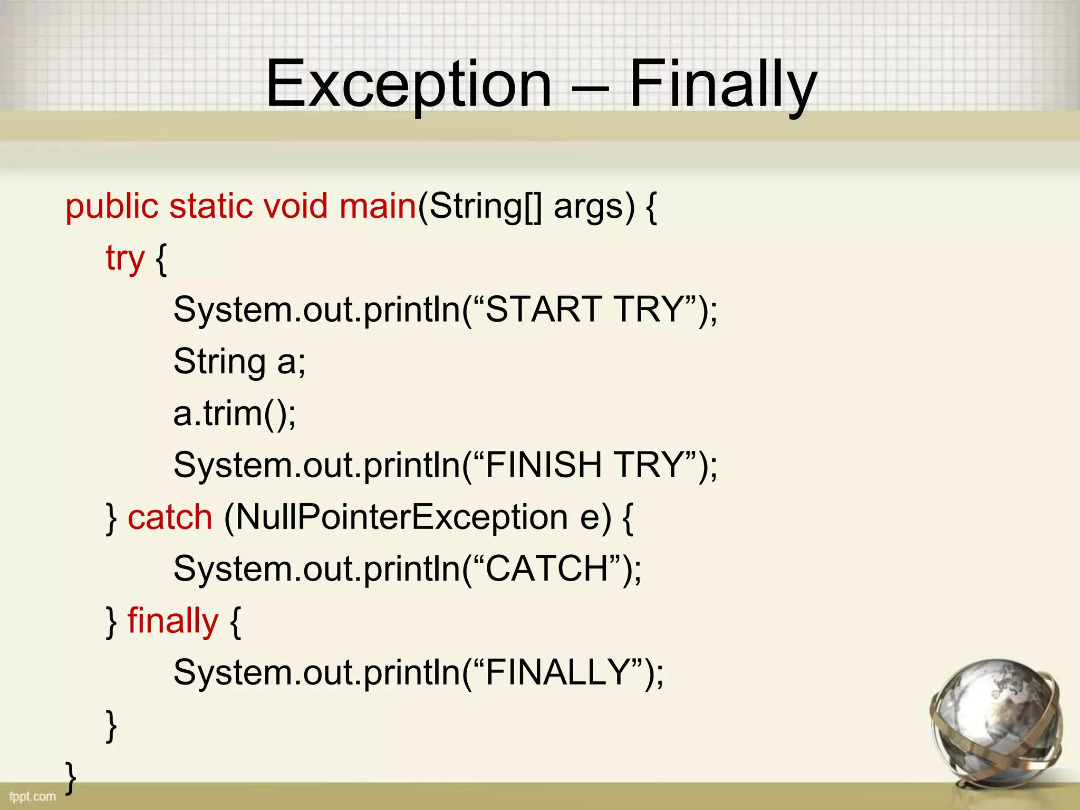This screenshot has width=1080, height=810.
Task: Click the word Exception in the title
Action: click(409, 84)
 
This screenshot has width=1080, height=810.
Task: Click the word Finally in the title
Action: click(722, 84)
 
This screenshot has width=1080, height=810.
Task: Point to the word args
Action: click(589, 207)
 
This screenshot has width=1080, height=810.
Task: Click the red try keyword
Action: click(124, 258)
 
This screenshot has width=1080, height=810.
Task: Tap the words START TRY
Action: click(584, 310)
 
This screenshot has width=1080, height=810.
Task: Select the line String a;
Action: click(239, 362)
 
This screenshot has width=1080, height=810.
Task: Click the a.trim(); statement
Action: click(235, 413)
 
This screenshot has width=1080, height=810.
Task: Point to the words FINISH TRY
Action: click(584, 465)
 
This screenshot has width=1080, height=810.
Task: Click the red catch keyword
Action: click(170, 517)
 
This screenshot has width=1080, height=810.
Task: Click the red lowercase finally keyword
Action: click(172, 621)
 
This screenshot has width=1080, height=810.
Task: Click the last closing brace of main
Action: click(71, 777)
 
